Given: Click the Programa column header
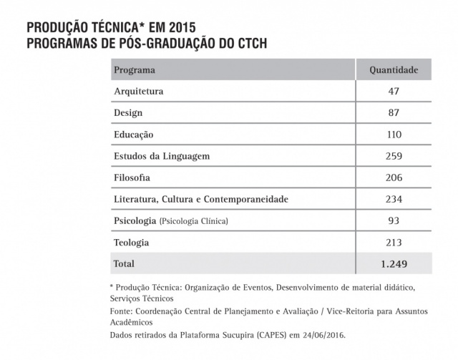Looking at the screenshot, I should click(x=135, y=70).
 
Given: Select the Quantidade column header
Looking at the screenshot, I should click(x=394, y=70).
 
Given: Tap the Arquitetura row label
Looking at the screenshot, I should click(x=139, y=92).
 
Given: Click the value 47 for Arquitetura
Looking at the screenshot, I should click(x=394, y=92).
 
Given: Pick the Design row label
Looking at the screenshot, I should click(x=128, y=113).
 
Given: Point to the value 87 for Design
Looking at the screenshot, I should click(x=394, y=113).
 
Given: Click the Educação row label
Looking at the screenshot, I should click(x=134, y=135).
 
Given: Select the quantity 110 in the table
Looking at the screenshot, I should click(x=394, y=135).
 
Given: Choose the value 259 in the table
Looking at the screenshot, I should click(x=394, y=156).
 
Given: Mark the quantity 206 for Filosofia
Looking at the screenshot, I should click(x=394, y=177).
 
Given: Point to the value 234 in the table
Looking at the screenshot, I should click(x=394, y=199).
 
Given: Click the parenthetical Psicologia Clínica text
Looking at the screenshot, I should click(x=194, y=221).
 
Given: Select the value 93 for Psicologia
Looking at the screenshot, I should click(x=394, y=220).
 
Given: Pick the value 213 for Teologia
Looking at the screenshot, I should click(x=394, y=242).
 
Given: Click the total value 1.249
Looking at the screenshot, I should click(x=394, y=264).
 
